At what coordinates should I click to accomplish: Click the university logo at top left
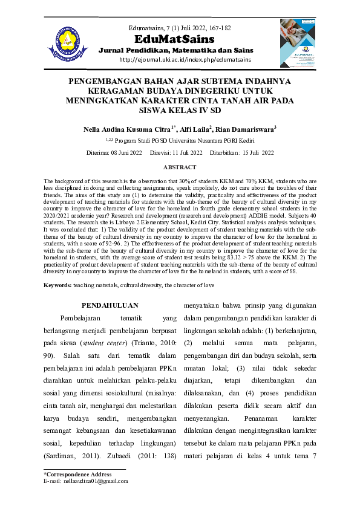point(64,44)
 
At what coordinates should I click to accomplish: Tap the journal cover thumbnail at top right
point(296,43)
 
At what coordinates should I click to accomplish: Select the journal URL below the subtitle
point(180,59)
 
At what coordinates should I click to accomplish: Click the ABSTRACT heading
point(180,167)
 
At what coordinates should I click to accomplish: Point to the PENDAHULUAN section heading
point(110,305)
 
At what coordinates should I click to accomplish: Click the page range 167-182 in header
point(218,28)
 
